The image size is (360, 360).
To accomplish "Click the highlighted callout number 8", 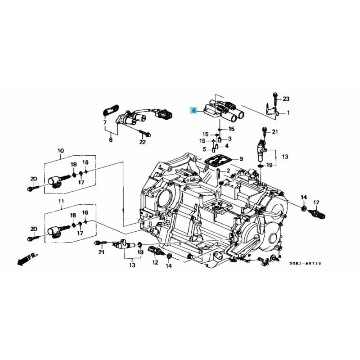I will (x=193, y=110).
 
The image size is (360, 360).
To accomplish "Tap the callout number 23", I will (x=286, y=99).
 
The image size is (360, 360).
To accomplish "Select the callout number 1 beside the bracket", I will (x=288, y=112).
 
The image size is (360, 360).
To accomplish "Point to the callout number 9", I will (x=241, y=159).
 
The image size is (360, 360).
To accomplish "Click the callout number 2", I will (x=228, y=171).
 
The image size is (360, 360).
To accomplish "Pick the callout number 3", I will (x=229, y=139).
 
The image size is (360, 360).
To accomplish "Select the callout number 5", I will (x=204, y=149).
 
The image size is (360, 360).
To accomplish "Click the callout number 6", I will (x=110, y=140).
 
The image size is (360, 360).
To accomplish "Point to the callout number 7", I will (x=104, y=122).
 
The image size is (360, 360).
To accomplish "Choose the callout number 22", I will (x=143, y=142).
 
